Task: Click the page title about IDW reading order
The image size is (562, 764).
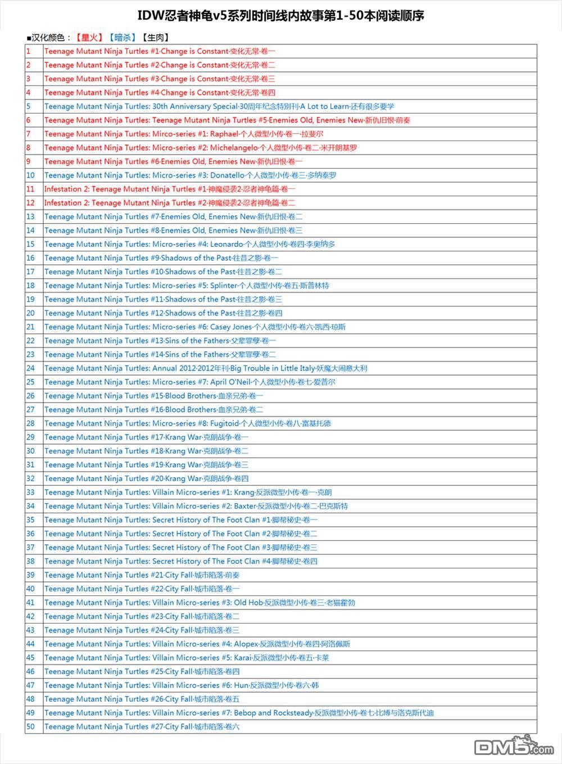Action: point(281,16)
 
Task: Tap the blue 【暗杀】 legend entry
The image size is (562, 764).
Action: point(122,38)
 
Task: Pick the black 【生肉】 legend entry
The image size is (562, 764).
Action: point(155,38)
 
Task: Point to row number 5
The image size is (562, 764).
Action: point(29,106)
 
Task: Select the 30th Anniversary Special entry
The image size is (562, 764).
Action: point(219,106)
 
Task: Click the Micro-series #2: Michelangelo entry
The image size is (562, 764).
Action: point(201,148)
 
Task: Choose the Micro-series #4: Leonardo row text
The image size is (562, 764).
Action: point(190,244)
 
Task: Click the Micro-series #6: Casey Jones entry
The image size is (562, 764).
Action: point(195,327)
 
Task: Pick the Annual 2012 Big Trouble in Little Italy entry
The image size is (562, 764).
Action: point(206,368)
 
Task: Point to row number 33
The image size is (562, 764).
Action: point(30,492)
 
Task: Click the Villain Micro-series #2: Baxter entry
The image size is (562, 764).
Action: point(196,506)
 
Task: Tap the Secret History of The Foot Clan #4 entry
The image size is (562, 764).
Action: point(181,561)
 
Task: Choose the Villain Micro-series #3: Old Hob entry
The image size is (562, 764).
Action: point(200,603)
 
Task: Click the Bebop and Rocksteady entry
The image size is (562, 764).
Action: point(239,713)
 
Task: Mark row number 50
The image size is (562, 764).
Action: point(30,726)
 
